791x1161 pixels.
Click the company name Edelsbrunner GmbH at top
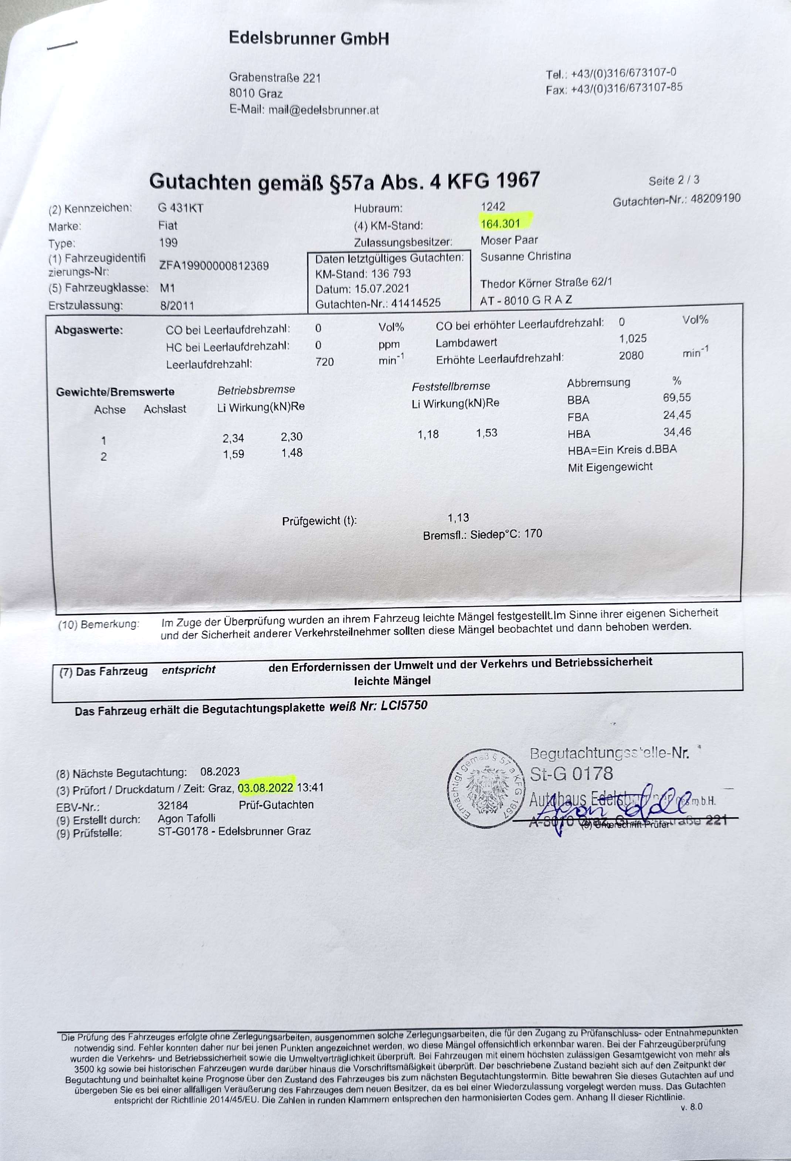click(x=309, y=38)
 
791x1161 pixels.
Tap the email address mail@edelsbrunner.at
click(x=323, y=110)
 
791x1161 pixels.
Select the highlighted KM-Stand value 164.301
click(x=501, y=223)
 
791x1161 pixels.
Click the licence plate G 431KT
click(x=180, y=208)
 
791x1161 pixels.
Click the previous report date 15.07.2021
click(x=382, y=289)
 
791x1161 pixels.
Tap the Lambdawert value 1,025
click(x=633, y=339)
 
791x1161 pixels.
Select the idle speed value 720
click(x=325, y=362)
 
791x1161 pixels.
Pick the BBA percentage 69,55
click(x=677, y=397)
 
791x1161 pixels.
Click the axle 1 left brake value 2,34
click(x=233, y=438)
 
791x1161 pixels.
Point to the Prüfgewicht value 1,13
click(x=458, y=518)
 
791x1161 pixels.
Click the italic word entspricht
click(x=188, y=670)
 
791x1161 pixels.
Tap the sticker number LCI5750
click(x=404, y=705)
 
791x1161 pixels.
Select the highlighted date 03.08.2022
click(x=266, y=788)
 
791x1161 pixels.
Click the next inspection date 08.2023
click(x=220, y=771)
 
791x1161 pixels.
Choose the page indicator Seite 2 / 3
click(x=674, y=180)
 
